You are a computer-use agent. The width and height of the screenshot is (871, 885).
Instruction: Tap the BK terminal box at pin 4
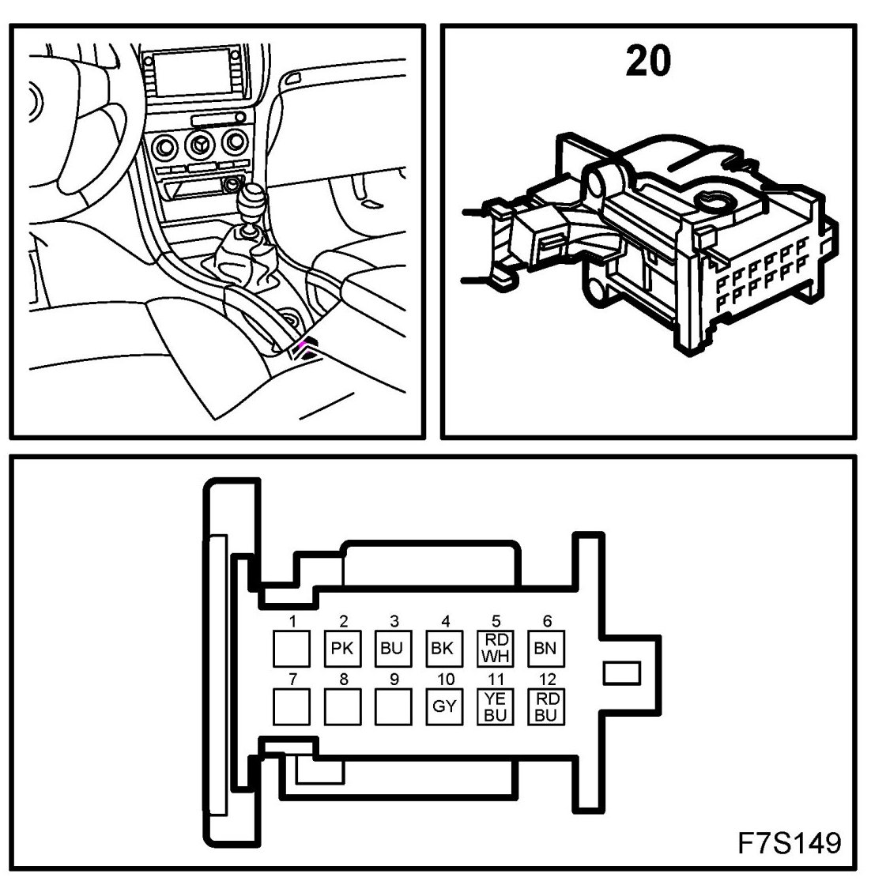[443, 649]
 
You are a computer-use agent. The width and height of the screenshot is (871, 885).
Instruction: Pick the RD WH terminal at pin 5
[496, 649]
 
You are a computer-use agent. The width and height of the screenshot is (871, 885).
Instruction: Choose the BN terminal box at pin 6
[545, 649]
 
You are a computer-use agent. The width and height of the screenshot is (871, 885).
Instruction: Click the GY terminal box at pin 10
[443, 706]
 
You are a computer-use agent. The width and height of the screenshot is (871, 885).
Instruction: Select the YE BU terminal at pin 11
[496, 706]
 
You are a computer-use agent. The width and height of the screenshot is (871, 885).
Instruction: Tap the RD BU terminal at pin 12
[545, 706]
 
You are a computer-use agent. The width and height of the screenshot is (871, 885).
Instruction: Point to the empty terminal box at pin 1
[292, 649]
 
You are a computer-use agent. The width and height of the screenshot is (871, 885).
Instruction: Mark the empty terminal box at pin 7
[292, 706]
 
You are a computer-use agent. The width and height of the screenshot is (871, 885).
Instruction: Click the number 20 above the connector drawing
[647, 61]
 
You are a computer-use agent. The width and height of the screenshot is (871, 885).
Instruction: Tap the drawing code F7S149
[789, 843]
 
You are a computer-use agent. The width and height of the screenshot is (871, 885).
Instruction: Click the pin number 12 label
[546, 679]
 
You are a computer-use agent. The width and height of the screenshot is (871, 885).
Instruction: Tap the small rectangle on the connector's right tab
[620, 673]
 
